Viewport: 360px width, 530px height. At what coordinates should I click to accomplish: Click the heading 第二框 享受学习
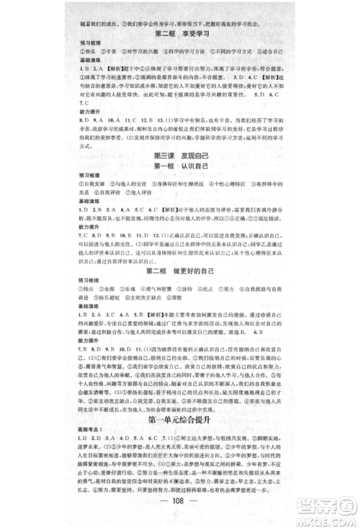coord(179,33)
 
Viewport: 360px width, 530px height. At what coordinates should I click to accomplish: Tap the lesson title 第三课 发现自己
coord(179,176)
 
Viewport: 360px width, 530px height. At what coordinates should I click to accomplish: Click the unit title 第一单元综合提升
coord(179,419)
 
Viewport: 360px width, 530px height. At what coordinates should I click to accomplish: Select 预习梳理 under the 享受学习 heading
coord(91,45)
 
